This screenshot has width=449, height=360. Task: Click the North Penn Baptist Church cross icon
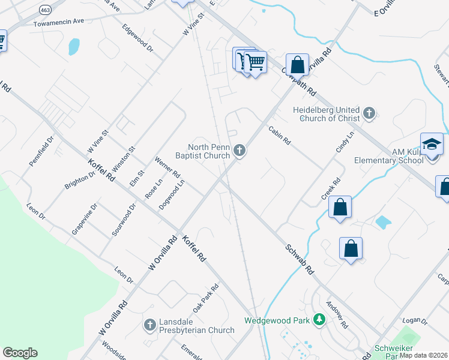[x=240, y=151]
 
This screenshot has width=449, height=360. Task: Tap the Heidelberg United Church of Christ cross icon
[x=369, y=113]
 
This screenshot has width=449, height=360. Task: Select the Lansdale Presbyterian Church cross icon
[x=149, y=325]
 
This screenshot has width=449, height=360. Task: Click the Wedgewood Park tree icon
[x=320, y=320]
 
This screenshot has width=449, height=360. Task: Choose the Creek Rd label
[x=331, y=188]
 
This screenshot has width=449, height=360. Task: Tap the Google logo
[x=20, y=353]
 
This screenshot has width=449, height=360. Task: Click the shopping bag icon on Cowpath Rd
[x=297, y=65]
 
